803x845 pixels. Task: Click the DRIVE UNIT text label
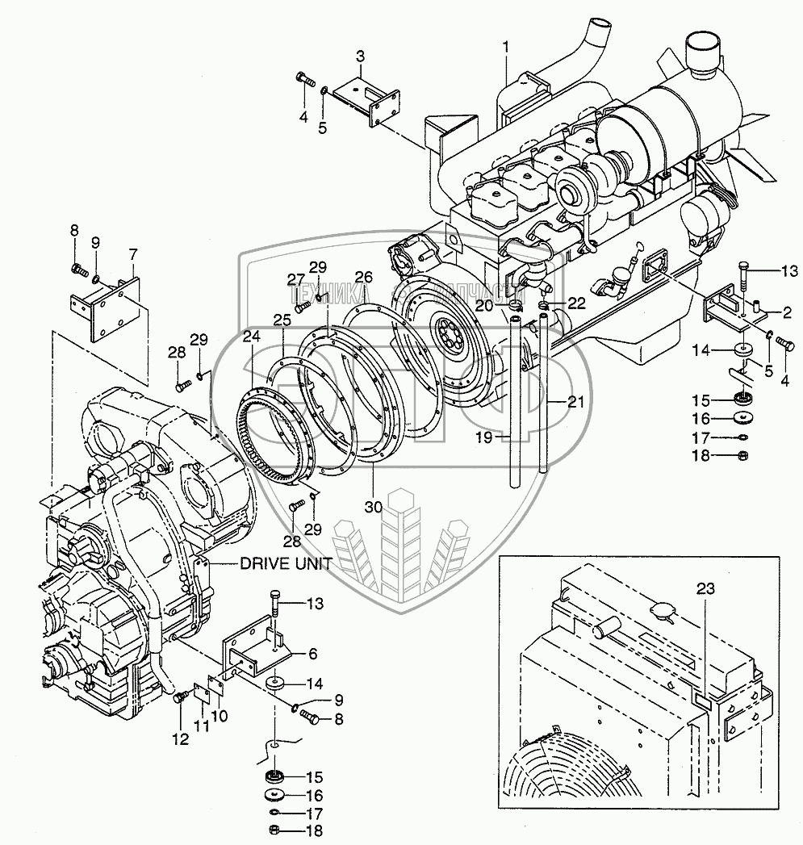coord(285,564)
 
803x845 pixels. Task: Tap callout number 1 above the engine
coord(506,48)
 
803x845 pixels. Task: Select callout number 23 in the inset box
coord(705,591)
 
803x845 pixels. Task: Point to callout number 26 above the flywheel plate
coord(364,276)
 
